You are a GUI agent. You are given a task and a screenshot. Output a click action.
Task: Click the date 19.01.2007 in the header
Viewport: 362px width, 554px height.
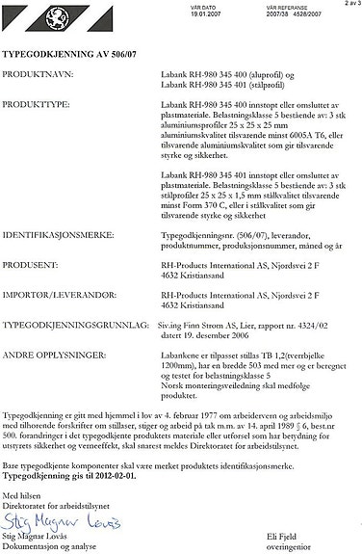(x=194, y=14)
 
